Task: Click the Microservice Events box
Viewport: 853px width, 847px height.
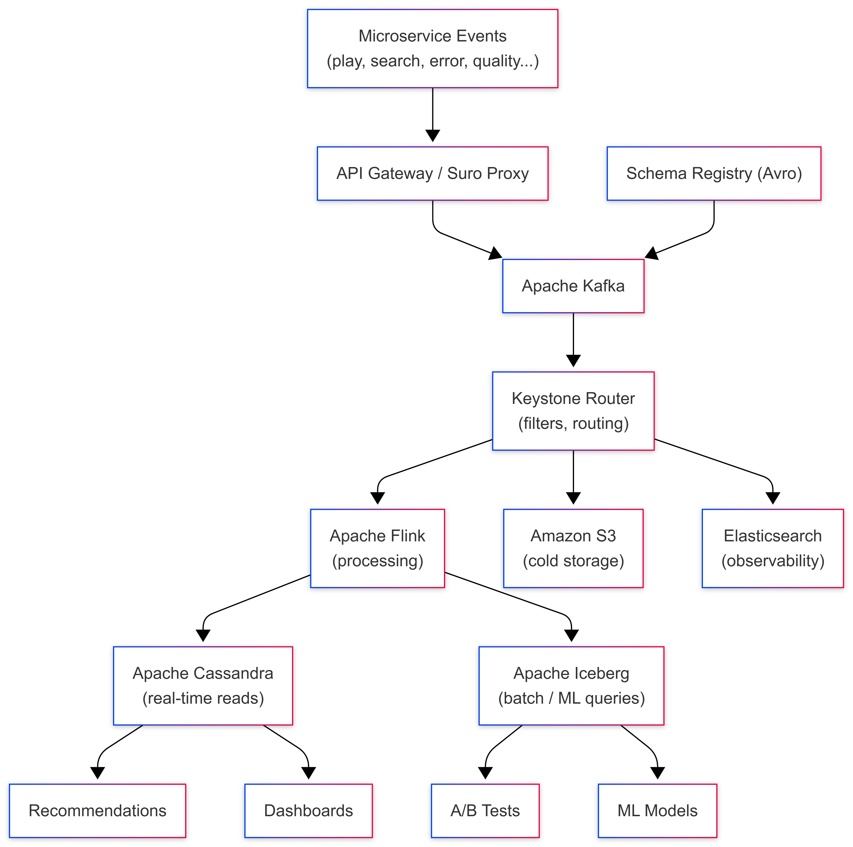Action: (433, 49)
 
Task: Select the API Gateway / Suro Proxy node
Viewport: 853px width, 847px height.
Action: (433, 173)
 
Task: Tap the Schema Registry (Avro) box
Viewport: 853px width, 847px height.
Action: (714, 173)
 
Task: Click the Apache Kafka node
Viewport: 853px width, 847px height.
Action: (573, 286)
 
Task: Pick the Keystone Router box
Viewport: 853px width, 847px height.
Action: (573, 411)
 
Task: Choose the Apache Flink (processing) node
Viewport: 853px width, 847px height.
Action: (378, 548)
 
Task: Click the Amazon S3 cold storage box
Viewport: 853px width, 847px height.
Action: (573, 548)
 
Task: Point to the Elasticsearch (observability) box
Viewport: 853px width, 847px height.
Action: (773, 548)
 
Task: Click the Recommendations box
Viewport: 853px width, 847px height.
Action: (98, 811)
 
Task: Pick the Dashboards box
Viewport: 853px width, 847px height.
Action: (309, 811)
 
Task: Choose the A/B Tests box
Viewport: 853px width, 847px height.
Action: (485, 811)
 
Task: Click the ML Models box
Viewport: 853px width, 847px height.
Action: (657, 811)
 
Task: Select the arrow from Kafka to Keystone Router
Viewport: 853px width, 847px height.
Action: (573, 340)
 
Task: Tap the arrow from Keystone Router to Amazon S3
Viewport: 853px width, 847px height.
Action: (573, 477)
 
